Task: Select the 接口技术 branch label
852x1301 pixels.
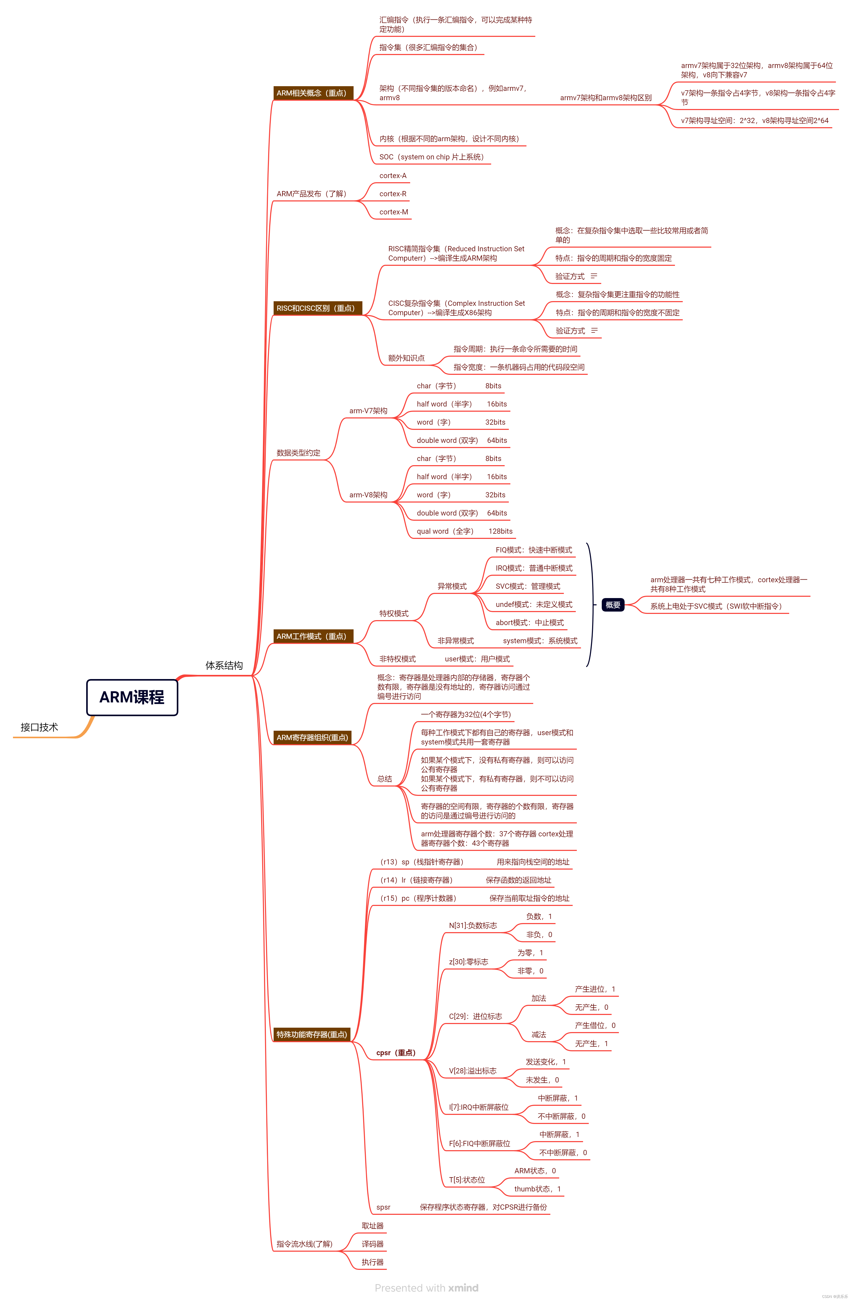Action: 39,727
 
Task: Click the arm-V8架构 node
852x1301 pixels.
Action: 368,495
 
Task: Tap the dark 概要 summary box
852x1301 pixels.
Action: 612,605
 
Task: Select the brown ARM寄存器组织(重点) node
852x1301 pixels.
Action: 312,737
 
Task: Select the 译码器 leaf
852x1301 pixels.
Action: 373,1244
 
